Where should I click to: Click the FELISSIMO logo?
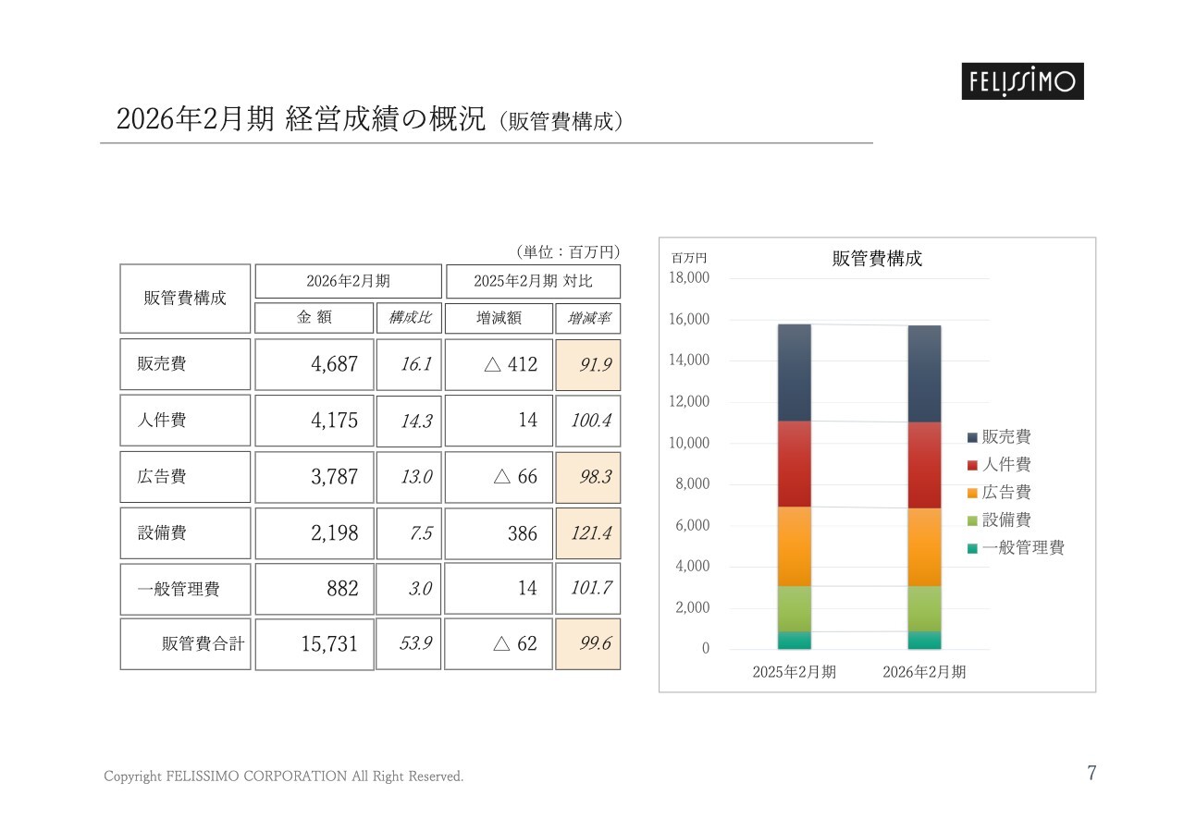pos(1020,81)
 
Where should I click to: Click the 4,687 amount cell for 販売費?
pos(314,364)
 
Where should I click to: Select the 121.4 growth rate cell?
pos(588,533)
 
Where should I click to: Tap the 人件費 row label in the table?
pos(185,421)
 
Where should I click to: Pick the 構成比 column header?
pos(409,318)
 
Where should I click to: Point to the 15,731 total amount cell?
pos(314,644)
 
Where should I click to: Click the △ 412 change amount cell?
pos(499,364)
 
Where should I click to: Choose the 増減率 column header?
pos(588,318)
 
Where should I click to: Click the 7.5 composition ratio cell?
pos(409,533)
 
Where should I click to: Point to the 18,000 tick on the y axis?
pos(688,278)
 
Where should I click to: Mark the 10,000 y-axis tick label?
pos(688,443)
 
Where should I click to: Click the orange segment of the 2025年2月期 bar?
pos(795,545)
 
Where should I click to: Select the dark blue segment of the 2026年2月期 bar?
pos(924,373)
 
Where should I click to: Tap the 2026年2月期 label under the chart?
pos(924,672)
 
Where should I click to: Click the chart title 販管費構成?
pos(877,259)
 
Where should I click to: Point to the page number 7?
pos(1091,774)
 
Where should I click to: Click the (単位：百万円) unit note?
pos(566,251)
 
